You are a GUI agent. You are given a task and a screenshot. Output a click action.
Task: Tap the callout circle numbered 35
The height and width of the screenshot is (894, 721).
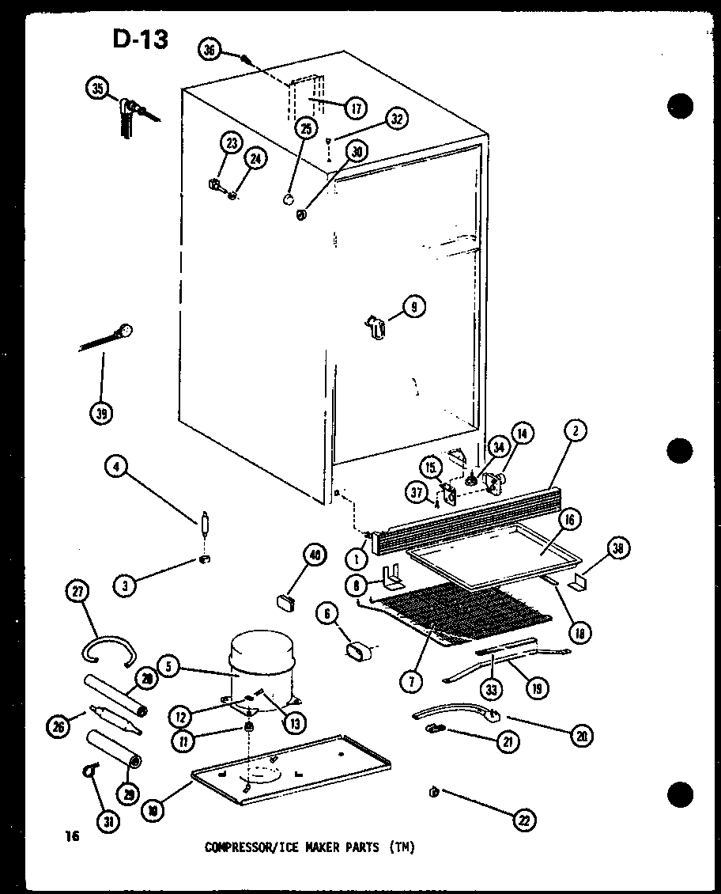[96, 89]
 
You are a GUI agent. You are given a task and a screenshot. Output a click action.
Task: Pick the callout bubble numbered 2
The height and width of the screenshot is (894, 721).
[576, 430]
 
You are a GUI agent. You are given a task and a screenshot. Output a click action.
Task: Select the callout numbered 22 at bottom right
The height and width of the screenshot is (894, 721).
[523, 820]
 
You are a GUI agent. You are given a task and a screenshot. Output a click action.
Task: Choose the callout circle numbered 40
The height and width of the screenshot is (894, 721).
[315, 556]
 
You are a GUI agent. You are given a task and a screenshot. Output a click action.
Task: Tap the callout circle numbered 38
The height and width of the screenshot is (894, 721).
[618, 548]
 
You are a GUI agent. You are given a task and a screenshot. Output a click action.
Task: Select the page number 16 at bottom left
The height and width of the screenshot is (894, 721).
[73, 837]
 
